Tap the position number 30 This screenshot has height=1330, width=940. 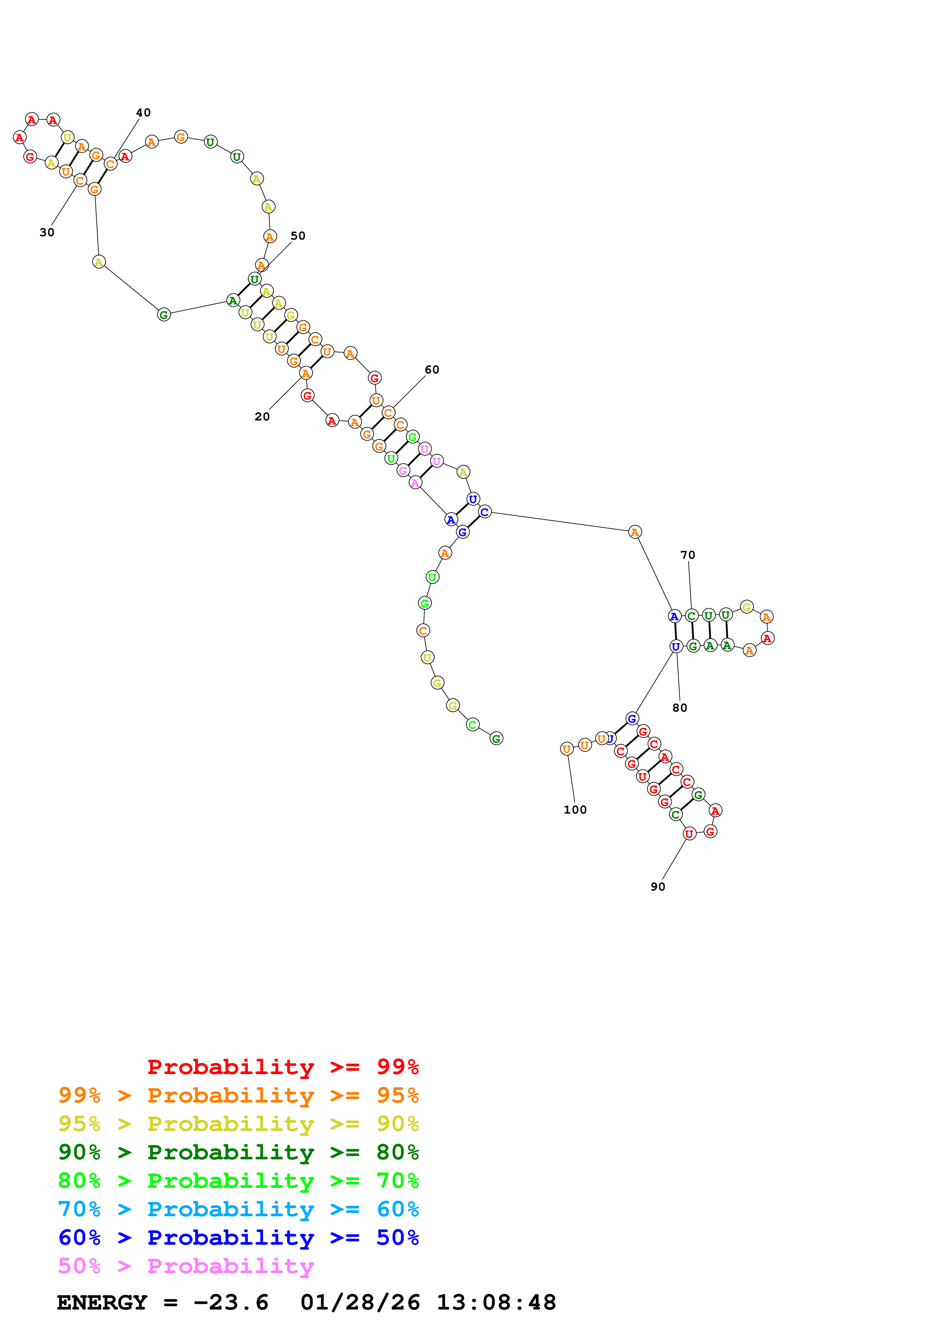(x=47, y=232)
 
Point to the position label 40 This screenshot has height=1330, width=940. (x=143, y=112)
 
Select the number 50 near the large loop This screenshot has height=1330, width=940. (x=298, y=236)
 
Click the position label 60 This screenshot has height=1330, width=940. (x=432, y=370)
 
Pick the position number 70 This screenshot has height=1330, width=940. (x=687, y=555)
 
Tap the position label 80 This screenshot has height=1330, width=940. (x=679, y=708)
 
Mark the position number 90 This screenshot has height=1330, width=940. (x=658, y=887)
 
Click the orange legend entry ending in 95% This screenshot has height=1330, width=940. (x=238, y=1095)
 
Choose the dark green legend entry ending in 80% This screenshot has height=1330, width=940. (x=238, y=1152)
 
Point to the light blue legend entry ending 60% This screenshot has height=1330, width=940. (x=238, y=1209)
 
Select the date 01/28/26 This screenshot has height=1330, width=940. (x=360, y=1303)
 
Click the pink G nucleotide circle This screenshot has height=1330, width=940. (x=403, y=471)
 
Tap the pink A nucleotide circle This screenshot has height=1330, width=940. (x=415, y=483)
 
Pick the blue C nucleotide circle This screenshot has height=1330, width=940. (x=485, y=511)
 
